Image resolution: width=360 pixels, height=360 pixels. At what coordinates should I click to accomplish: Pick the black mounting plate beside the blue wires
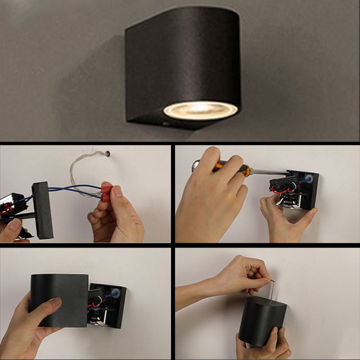click(43, 209)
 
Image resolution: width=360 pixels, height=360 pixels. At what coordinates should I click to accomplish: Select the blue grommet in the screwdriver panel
click(309, 179)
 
